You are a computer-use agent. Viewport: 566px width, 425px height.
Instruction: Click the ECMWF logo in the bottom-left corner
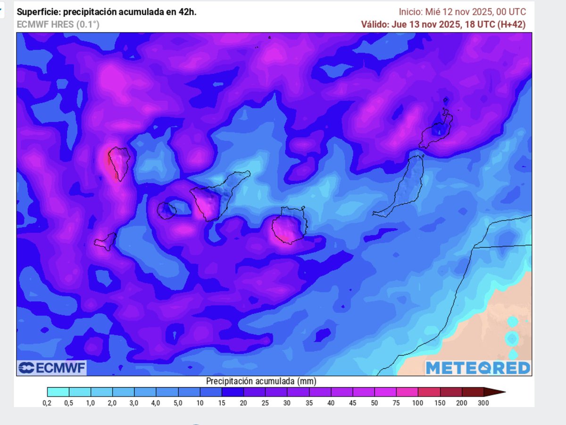tap(52, 368)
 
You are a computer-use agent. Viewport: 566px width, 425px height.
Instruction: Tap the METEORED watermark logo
tap(478, 368)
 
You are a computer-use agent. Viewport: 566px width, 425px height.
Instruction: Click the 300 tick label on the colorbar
tap(483, 403)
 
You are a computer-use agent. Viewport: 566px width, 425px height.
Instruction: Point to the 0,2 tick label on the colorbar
tap(47, 403)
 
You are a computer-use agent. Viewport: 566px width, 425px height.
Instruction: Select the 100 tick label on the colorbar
tap(418, 403)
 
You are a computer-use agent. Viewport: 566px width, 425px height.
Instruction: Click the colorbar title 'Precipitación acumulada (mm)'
tap(261, 381)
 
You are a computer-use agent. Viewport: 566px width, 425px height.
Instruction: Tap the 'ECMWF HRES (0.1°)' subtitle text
tap(58, 25)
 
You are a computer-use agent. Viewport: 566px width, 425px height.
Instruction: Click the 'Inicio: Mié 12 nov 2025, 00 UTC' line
tap(462, 12)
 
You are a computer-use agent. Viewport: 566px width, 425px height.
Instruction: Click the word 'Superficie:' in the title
tap(37, 12)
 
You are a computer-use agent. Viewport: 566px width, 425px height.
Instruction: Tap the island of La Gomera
tap(166, 210)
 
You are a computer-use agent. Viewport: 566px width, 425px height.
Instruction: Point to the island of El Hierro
tap(106, 242)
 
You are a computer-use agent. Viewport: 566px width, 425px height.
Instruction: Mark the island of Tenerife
tap(212, 198)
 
